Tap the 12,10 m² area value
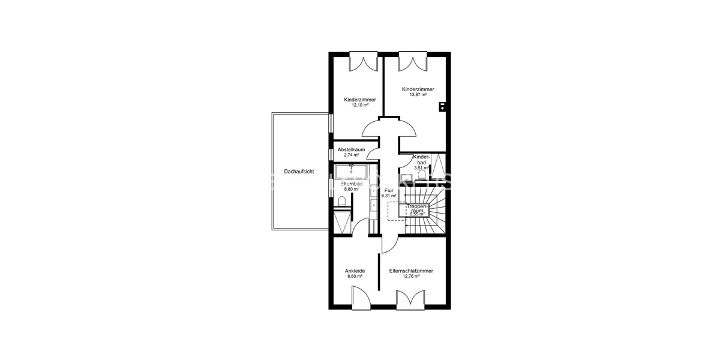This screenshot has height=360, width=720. (x=360, y=105)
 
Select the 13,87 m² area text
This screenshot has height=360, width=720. (x=418, y=95)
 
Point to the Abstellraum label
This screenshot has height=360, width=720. (x=352, y=149)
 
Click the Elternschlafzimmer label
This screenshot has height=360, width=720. (x=411, y=271)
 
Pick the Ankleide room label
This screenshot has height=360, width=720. (x=355, y=271)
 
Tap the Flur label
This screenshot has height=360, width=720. (x=389, y=190)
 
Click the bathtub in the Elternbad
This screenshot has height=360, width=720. (x=351, y=173)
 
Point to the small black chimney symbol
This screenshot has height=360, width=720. (x=442, y=107)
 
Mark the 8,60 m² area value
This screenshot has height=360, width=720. (x=355, y=277)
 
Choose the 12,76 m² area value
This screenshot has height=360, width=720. (x=411, y=277)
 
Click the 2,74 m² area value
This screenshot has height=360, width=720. (x=351, y=155)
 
